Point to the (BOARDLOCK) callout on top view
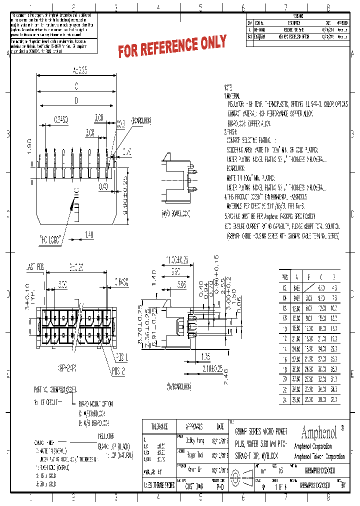click(x=140, y=120)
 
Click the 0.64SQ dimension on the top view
click(x=61, y=118)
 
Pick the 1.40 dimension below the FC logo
click(x=89, y=234)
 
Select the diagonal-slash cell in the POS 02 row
click(x=309, y=288)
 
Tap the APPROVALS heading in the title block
click(x=193, y=426)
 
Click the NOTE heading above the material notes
click(x=228, y=86)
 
